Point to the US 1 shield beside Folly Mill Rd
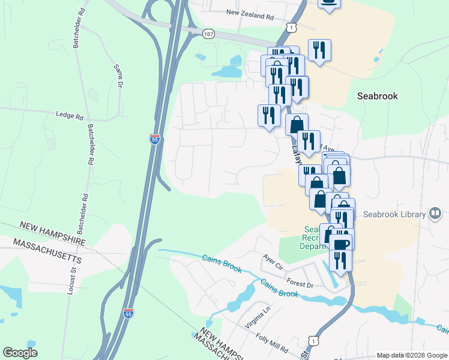[x=311, y=340]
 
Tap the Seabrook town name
[x=377, y=96]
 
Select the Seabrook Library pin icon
[x=435, y=214]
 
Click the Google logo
[x=20, y=353]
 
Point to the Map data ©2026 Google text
[x=411, y=355]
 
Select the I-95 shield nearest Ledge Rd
[x=154, y=139]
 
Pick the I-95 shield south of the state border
[x=128, y=313]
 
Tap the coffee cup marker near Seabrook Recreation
[x=342, y=244]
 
